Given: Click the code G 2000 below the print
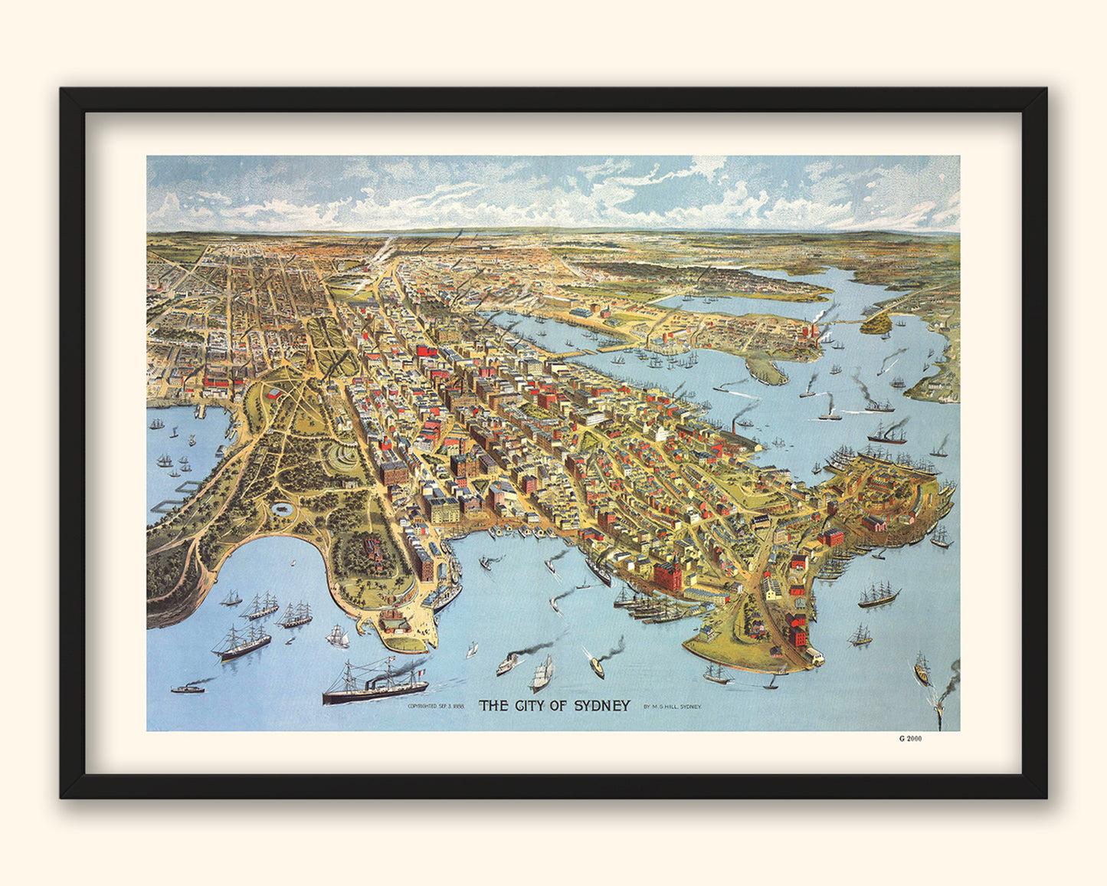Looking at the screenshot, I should coord(910,739).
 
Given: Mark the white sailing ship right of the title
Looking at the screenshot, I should coord(542,674).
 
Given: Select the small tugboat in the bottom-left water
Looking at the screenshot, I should coord(188,688).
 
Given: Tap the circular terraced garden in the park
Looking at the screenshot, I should coord(342,458).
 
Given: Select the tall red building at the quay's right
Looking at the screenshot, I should coord(666,576).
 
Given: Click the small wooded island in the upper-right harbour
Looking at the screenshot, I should coord(878,323).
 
